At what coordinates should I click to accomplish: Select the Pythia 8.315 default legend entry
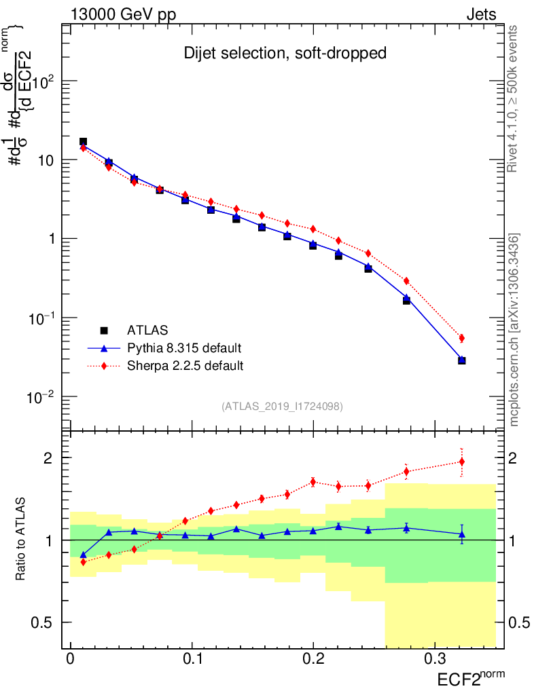tap(183, 348)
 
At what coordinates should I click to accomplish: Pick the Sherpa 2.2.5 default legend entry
tap(185, 366)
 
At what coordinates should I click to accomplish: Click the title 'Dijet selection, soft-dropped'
tap(285, 54)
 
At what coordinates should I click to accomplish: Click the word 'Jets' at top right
tap(480, 14)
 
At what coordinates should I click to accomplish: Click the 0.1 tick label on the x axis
tap(192, 659)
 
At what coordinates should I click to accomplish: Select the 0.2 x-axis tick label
tap(313, 659)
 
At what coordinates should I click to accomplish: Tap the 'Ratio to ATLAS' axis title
tap(21, 539)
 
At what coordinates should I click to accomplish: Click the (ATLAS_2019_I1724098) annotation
tap(281, 406)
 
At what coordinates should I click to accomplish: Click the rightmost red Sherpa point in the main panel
tap(462, 338)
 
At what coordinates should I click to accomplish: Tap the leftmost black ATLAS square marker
tap(83, 142)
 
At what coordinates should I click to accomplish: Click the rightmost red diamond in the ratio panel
tap(462, 462)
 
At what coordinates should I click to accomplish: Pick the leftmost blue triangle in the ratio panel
tap(84, 555)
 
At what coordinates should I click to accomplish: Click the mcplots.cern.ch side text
tap(514, 330)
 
